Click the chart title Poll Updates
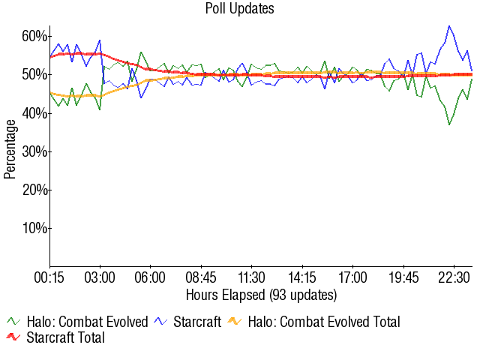240,9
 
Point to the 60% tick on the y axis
35,36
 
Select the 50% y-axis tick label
35,74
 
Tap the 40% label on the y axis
35,112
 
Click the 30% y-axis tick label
35,151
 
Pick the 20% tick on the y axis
35,189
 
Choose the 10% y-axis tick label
35,227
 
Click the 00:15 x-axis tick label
49,277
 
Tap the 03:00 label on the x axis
100,277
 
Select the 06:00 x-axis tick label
150,277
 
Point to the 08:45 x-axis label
201,277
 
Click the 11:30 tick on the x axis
251,277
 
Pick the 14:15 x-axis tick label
301,277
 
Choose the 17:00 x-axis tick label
352,277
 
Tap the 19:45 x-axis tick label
403,277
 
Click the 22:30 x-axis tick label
453,277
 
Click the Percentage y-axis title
10,151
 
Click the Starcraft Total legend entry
64,338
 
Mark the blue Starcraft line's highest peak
449,26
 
